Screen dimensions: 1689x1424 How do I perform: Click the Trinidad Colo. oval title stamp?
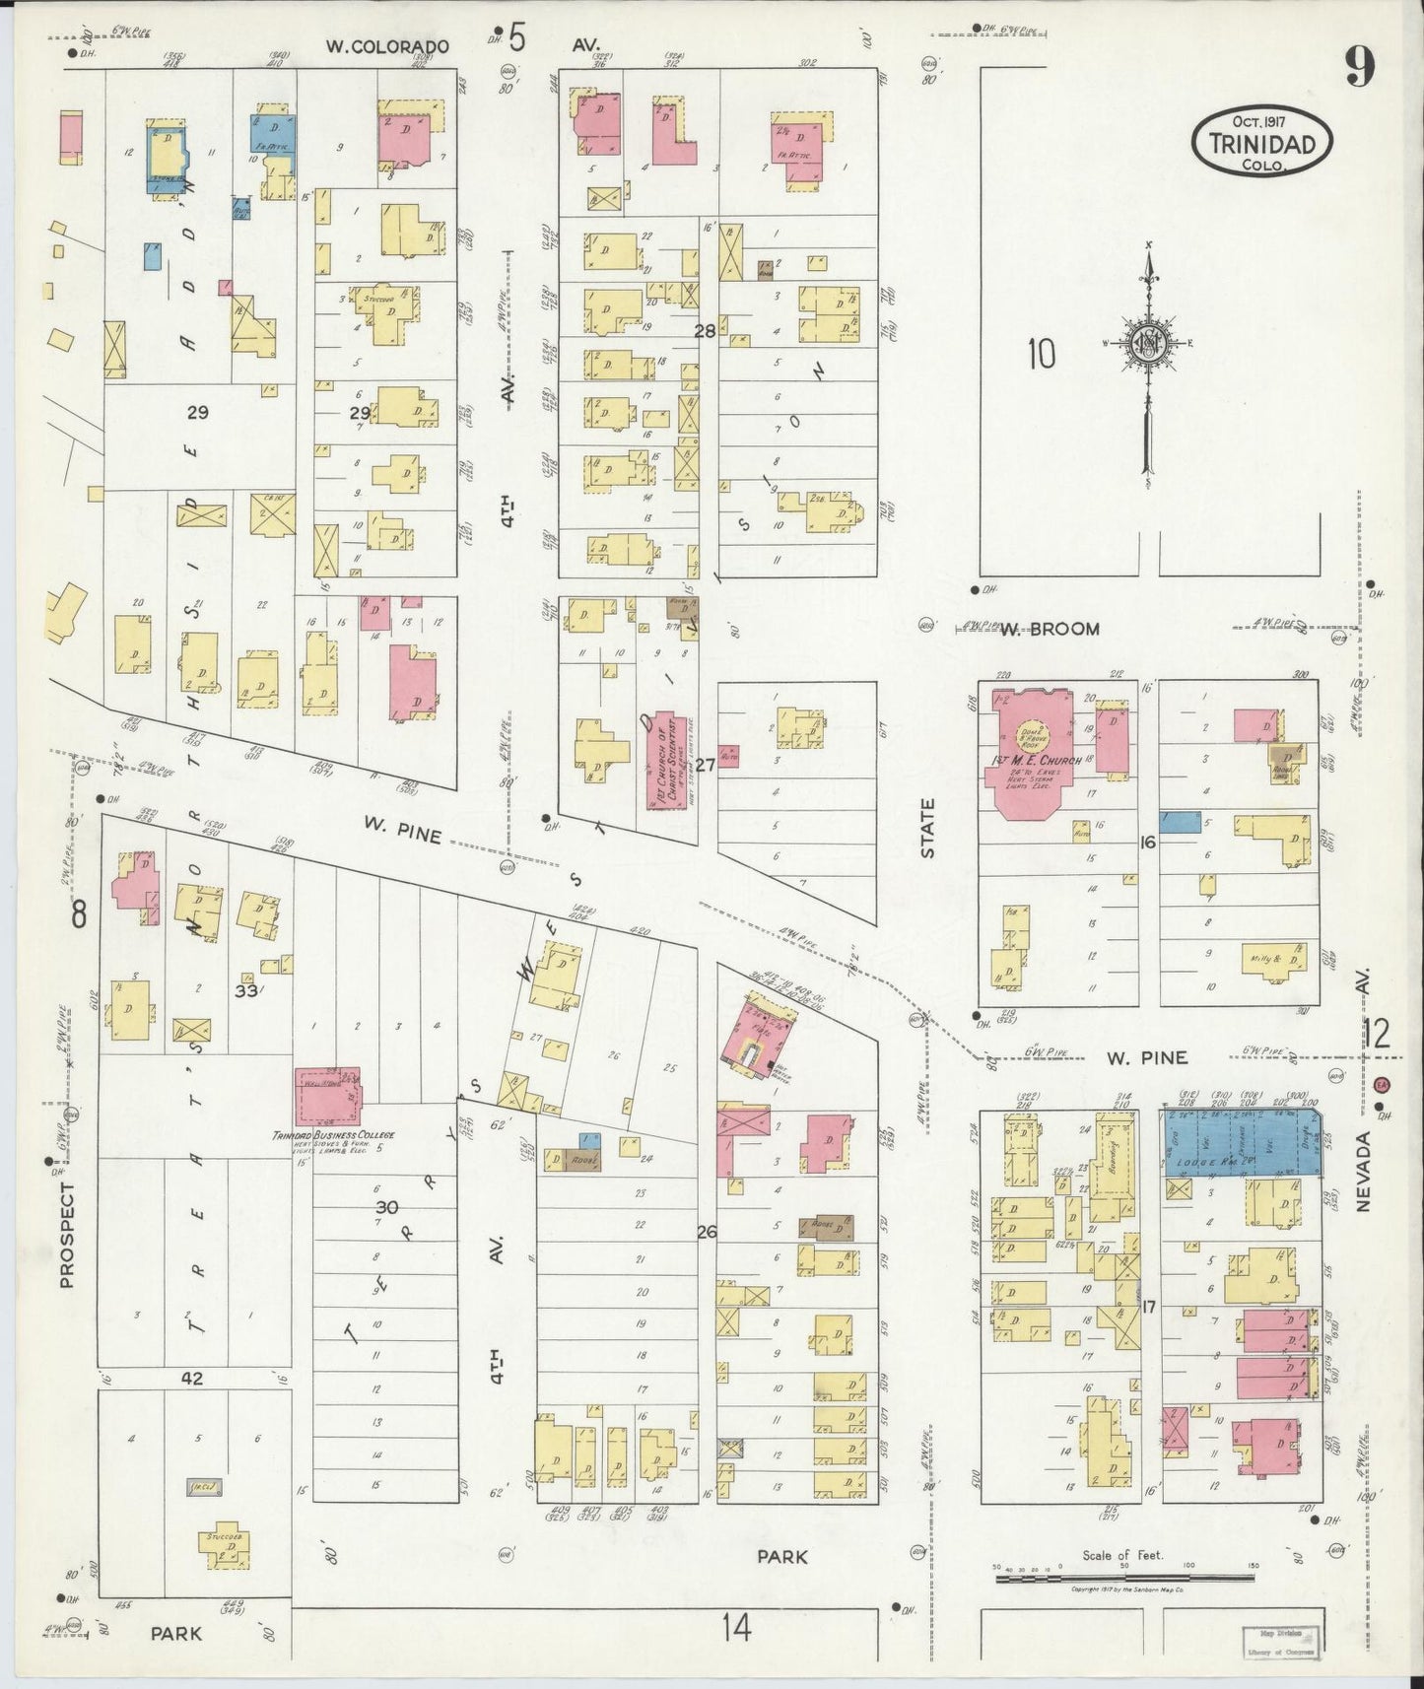[1262, 143]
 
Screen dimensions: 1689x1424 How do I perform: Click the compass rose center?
[1148, 342]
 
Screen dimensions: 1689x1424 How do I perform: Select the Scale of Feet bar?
[1123, 1578]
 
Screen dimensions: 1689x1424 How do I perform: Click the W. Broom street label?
[1050, 629]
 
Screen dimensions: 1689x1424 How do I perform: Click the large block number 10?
[1041, 353]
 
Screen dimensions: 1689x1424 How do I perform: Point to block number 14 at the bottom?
[735, 1628]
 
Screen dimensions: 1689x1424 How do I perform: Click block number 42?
[192, 1379]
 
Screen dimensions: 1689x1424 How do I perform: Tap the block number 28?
[704, 331]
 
